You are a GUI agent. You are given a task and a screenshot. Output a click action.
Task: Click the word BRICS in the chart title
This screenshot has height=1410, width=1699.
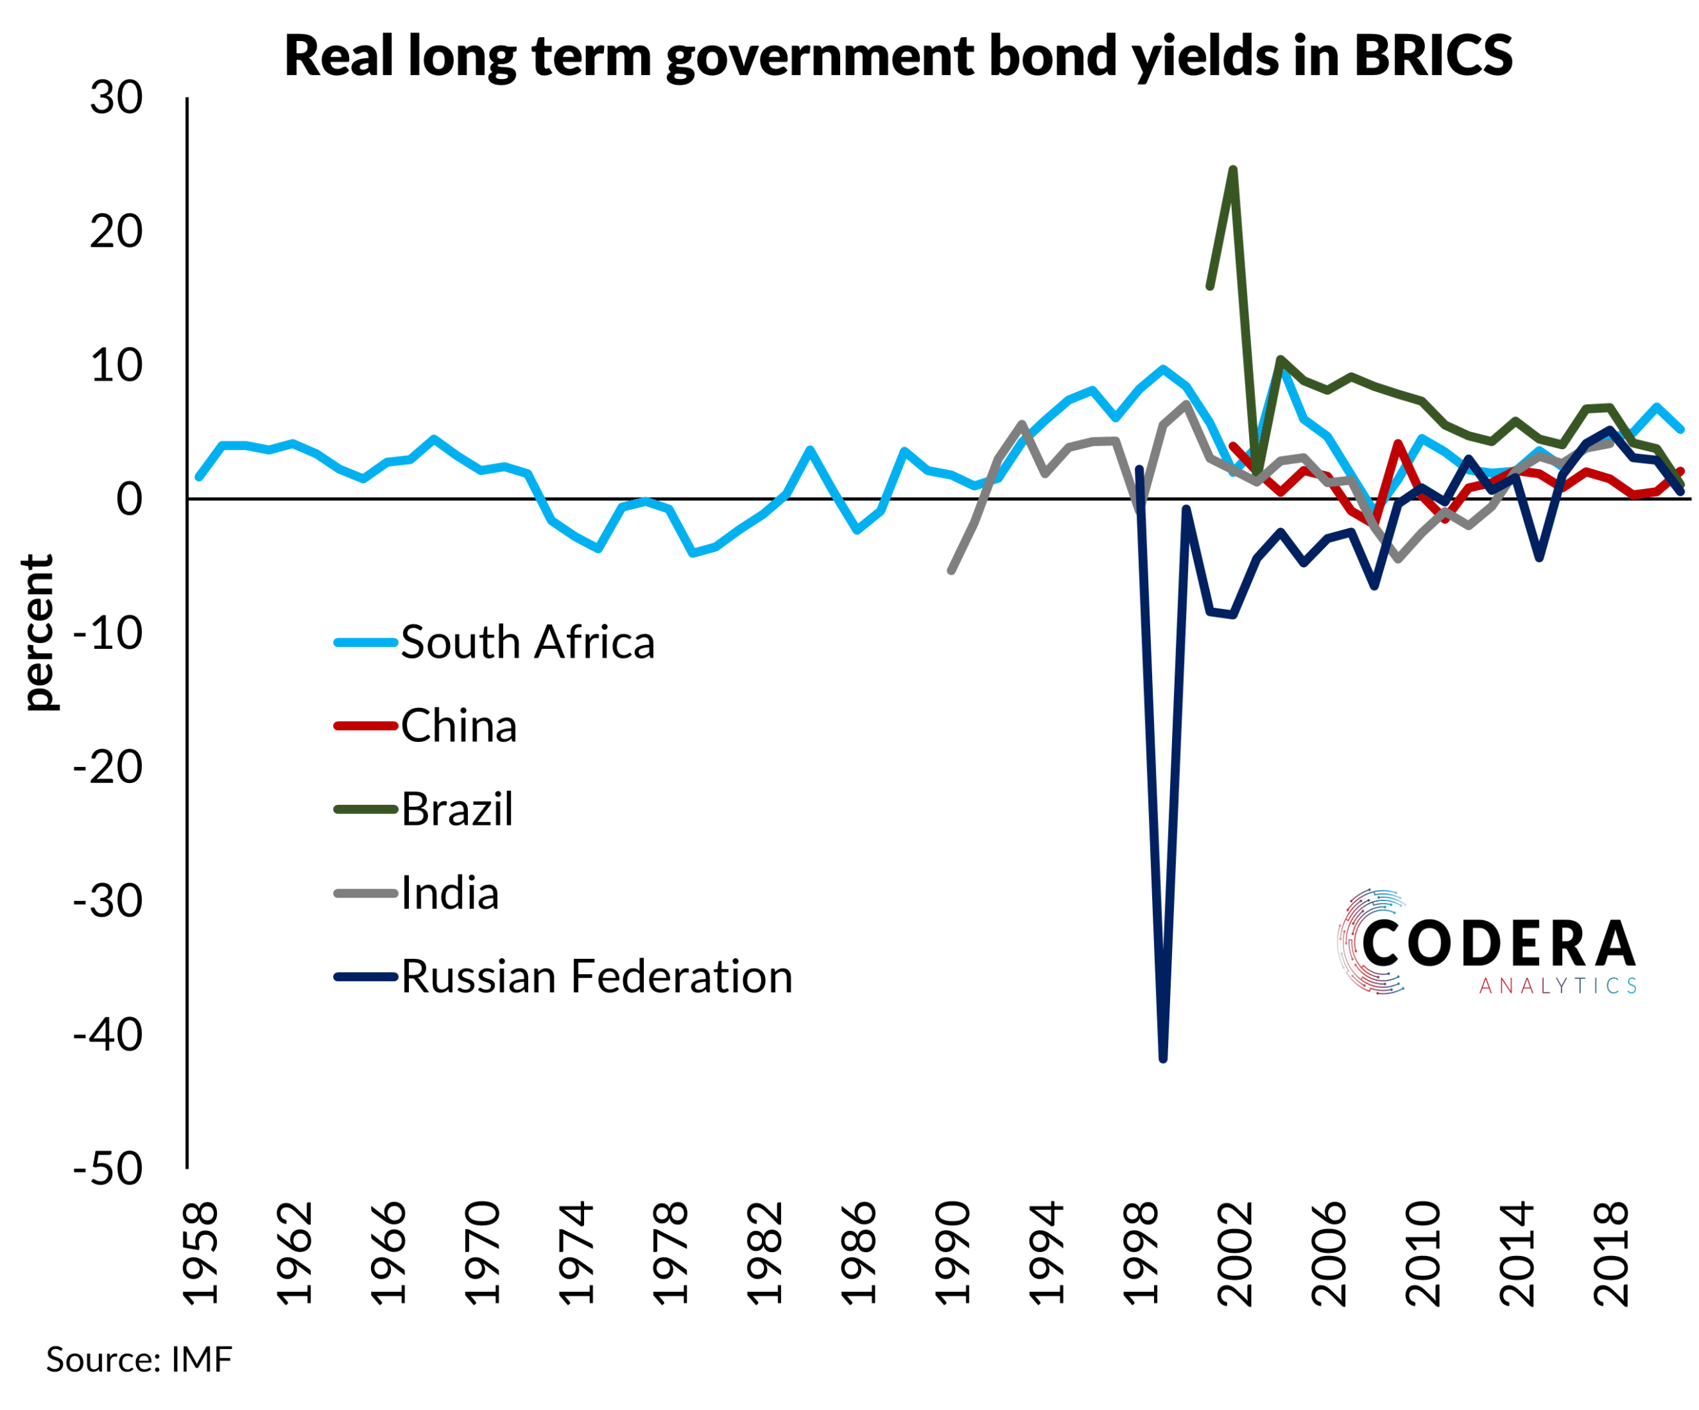coord(1433,56)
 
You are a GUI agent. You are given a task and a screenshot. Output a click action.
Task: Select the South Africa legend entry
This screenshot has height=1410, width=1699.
coord(527,643)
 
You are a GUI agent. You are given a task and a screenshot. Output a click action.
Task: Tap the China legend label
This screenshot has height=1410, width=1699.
coord(459,727)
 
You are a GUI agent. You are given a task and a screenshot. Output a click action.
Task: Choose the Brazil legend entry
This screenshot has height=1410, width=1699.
coord(457,810)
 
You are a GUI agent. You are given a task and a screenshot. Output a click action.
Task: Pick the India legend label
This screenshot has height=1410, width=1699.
coord(450,894)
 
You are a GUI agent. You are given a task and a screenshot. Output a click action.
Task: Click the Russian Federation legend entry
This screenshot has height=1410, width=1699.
coord(596,977)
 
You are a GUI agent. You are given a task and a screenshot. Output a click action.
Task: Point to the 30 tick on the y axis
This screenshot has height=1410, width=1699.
coord(117,98)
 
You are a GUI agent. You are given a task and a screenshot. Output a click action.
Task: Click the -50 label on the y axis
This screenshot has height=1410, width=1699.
coord(108,1170)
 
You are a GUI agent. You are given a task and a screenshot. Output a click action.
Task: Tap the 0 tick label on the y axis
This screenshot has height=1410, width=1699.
coord(129,500)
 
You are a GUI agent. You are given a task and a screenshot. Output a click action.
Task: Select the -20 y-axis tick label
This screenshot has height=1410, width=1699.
coord(108,768)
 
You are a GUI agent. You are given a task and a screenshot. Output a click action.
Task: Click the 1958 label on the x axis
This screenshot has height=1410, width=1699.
coord(200,1254)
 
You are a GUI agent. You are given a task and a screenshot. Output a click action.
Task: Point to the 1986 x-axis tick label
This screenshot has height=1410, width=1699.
coord(859,1254)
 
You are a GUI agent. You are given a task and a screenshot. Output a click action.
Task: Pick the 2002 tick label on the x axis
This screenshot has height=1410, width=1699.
coord(1235,1254)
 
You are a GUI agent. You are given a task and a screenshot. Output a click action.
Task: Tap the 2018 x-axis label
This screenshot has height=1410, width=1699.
coord(1611,1254)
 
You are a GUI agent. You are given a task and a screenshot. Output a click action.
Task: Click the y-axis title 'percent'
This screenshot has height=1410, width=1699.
coord(38,632)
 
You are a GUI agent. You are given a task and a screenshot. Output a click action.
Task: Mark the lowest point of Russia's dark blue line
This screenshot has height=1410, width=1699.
coord(1163,1058)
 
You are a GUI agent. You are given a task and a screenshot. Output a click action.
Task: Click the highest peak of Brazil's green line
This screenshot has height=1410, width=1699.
coord(1233,170)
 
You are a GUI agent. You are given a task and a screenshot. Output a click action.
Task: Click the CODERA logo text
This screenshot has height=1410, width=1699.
coord(1499,944)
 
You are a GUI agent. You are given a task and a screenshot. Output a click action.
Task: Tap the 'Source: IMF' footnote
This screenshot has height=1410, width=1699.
coord(139,1360)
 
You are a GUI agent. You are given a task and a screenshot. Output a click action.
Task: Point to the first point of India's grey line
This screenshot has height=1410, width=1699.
coord(952,571)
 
